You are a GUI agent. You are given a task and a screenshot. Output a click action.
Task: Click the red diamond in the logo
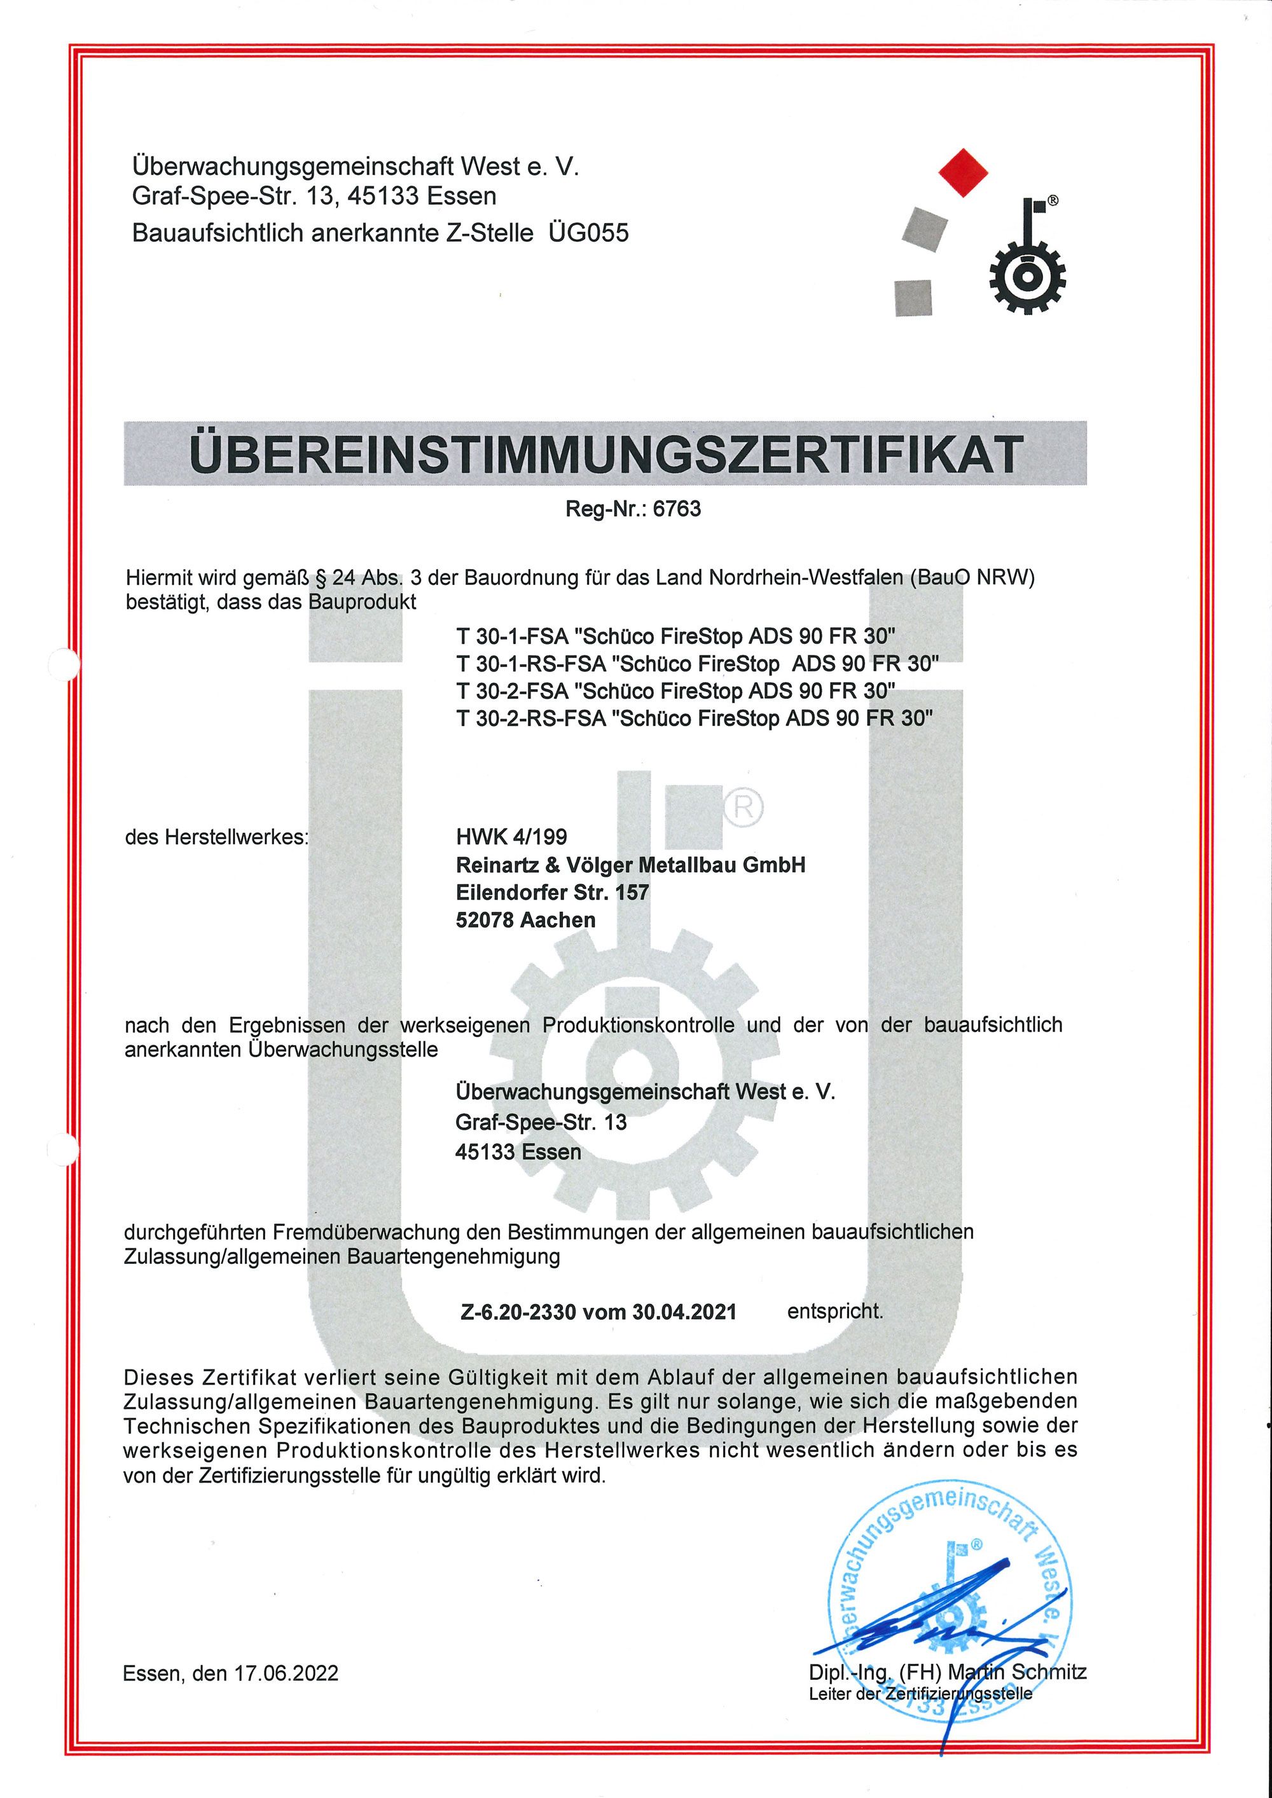[x=963, y=172]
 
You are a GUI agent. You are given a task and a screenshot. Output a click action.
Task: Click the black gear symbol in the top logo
[x=1027, y=277]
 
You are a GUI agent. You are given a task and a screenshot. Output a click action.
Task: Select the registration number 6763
[x=677, y=510]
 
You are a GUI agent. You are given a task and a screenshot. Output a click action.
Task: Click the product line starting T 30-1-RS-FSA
[x=697, y=664]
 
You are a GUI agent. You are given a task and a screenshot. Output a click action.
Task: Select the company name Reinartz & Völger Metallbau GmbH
[x=630, y=865]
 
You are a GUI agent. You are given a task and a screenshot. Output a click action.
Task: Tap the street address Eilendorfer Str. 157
[x=552, y=893]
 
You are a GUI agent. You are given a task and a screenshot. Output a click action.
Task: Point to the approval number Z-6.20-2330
[x=518, y=1312]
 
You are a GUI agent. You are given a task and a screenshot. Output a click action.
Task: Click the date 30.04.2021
[x=684, y=1312]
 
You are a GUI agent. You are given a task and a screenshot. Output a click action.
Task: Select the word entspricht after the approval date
[x=835, y=1311]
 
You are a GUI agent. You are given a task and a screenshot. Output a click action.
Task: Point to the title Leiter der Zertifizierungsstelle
[x=920, y=1694]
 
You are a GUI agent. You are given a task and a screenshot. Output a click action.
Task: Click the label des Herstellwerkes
[x=217, y=837]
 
